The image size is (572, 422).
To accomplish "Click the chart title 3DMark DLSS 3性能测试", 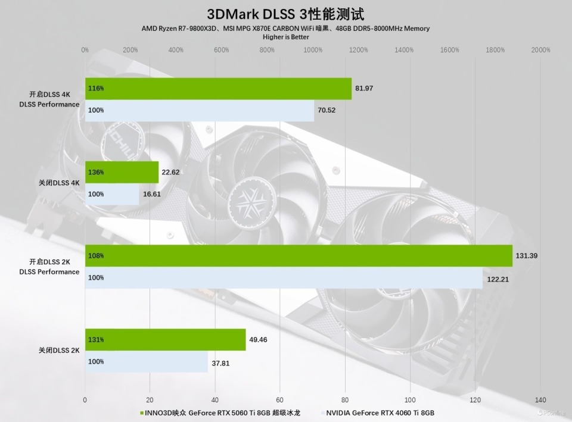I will click(285, 14).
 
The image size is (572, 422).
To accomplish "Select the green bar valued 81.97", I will click(218, 88).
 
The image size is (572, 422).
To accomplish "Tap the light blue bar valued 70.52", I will click(199, 110).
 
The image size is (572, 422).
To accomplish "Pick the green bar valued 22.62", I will click(122, 172).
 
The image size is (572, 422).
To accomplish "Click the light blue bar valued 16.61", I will click(112, 194).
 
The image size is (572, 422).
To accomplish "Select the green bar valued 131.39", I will click(299, 256).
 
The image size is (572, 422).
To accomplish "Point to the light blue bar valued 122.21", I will click(284, 277).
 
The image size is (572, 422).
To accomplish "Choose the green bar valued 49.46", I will click(165, 339).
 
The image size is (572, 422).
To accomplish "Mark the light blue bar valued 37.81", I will click(146, 361).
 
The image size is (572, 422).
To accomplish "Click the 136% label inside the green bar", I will click(96, 172).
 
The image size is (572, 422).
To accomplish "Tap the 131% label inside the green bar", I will click(96, 339).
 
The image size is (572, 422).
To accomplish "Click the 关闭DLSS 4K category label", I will click(59, 183).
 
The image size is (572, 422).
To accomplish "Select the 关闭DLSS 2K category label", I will click(59, 351).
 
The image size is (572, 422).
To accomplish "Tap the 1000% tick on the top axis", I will click(313, 50).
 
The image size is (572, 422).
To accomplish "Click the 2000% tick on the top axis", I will click(540, 50).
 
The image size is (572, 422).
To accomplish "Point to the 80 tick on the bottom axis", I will click(346, 399).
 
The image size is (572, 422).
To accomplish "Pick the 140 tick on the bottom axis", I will click(540, 399).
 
